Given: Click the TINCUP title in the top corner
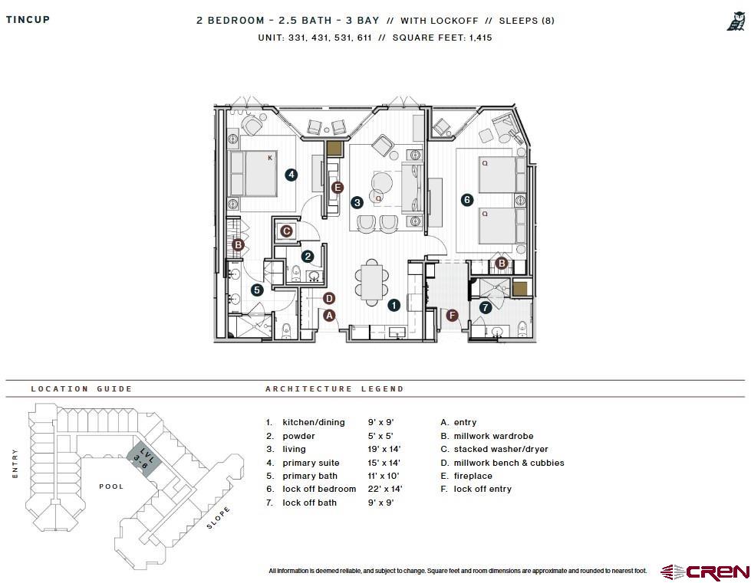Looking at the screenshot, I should [28, 20].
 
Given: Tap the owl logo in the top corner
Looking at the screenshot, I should [735, 22].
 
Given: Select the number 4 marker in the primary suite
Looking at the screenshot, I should [292, 175].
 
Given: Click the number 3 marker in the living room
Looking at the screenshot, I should [357, 203].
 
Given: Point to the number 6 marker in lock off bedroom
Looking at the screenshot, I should [466, 199].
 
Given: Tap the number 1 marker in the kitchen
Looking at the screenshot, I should [394, 305].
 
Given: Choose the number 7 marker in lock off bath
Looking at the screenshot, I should [485, 307].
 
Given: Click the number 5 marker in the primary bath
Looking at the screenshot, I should [257, 290].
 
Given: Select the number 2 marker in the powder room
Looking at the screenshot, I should [308, 257].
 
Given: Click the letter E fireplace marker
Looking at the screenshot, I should [337, 187].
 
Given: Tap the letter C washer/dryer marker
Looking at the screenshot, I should [286, 231].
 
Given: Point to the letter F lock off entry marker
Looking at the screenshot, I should [452, 315].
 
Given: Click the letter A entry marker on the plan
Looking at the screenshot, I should [329, 315].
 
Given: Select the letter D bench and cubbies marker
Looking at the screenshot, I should [329, 298].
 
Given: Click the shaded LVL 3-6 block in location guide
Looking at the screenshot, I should [142, 460].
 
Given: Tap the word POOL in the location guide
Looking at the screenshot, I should [111, 486].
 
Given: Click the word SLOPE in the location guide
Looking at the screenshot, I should [218, 519].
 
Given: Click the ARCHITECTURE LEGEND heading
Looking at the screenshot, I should [334, 389].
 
